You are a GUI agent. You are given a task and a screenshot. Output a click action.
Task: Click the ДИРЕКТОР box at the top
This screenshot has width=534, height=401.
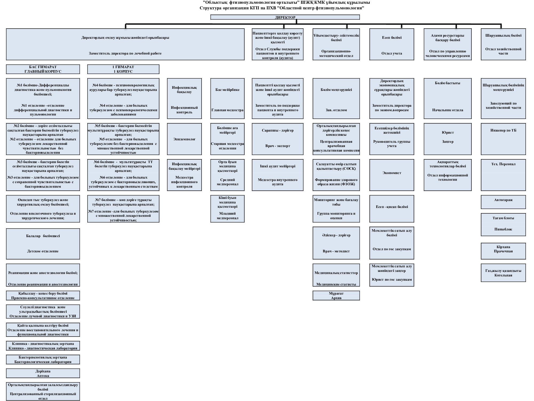(285, 17)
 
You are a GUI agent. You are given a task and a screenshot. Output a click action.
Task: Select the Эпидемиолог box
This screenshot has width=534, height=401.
(184, 139)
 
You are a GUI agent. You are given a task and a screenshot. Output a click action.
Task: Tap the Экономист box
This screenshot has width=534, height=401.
(392, 175)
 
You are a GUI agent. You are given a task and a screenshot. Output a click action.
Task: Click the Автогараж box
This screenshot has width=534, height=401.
(503, 202)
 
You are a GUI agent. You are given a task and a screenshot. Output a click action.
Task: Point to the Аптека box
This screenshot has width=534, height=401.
(43, 373)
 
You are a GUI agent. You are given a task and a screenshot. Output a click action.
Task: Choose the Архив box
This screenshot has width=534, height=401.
(336, 295)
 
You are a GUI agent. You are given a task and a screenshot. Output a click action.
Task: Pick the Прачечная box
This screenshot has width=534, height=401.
(503, 251)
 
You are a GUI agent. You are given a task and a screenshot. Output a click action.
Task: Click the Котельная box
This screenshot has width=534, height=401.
(503, 273)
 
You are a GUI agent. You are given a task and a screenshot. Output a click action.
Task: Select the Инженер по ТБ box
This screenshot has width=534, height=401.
(503, 139)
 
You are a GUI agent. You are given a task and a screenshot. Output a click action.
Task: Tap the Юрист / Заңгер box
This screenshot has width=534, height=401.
(447, 139)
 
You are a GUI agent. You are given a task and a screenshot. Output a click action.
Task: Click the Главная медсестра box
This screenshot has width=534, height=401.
(227, 98)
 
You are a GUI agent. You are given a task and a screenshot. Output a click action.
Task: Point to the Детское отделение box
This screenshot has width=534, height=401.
(43, 244)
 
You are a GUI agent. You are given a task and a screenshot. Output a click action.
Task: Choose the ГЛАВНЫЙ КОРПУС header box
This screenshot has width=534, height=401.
(43, 69)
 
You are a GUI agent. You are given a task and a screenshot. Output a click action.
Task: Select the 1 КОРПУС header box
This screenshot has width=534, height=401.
(123, 69)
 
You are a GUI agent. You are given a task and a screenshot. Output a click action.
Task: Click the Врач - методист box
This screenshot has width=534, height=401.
(336, 243)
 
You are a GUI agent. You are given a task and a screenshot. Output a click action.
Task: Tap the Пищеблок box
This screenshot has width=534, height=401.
(503, 225)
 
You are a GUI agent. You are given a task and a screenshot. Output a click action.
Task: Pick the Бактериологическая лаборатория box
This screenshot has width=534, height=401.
(43, 360)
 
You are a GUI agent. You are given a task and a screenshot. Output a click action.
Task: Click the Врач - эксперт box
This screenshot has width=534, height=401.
(277, 139)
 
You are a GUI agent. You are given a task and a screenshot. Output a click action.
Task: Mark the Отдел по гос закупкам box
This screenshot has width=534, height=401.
(392, 243)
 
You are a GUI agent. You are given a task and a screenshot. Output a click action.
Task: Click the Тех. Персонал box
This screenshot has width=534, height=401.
(503, 175)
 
